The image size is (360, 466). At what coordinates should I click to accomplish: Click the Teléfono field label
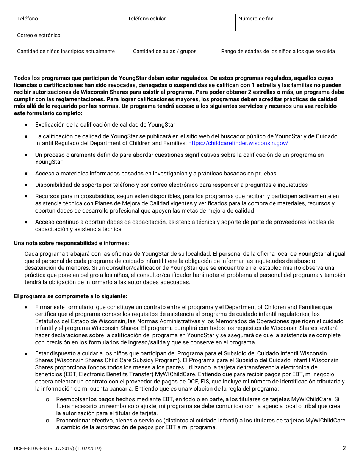[x=28, y=19]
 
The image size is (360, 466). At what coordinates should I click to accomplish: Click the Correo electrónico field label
[x=39, y=35]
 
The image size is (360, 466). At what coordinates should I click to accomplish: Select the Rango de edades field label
[x=278, y=51]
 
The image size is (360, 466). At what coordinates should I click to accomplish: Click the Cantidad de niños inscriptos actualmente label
[x=66, y=51]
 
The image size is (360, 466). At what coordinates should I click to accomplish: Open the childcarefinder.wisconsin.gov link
[x=238, y=143]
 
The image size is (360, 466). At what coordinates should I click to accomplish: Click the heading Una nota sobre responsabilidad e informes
[x=71, y=243]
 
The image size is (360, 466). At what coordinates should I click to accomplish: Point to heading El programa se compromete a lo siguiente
[x=70, y=296]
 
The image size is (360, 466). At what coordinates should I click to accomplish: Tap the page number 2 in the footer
[x=344, y=448]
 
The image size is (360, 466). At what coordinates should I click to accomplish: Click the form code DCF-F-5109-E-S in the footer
[x=33, y=449]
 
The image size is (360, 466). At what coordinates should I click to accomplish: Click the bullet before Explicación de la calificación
[x=26, y=125]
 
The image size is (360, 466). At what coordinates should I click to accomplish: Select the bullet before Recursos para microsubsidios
[x=26, y=197]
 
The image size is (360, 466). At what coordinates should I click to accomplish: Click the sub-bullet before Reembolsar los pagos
[x=47, y=399]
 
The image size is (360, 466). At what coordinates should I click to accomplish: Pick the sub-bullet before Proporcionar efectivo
[x=47, y=421]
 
